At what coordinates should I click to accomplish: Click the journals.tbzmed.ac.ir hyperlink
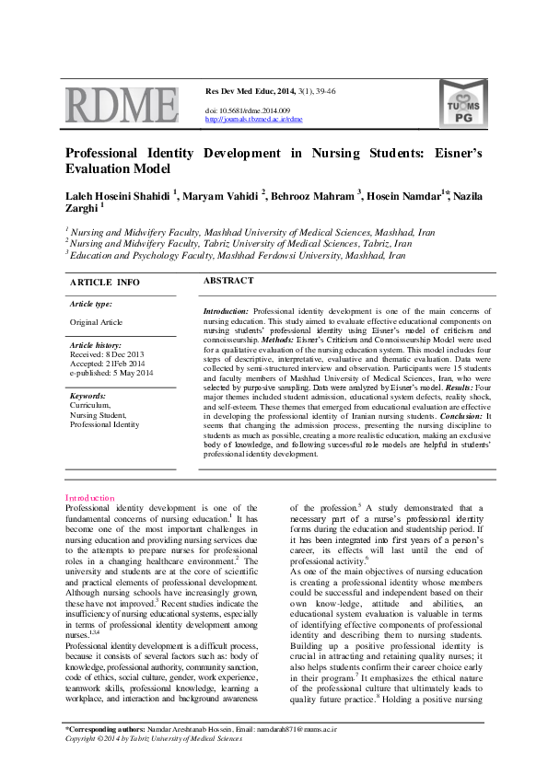click(253, 120)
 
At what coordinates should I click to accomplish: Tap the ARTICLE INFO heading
click(105, 282)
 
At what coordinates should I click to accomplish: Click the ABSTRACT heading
click(227, 280)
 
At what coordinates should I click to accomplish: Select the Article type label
click(91, 304)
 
